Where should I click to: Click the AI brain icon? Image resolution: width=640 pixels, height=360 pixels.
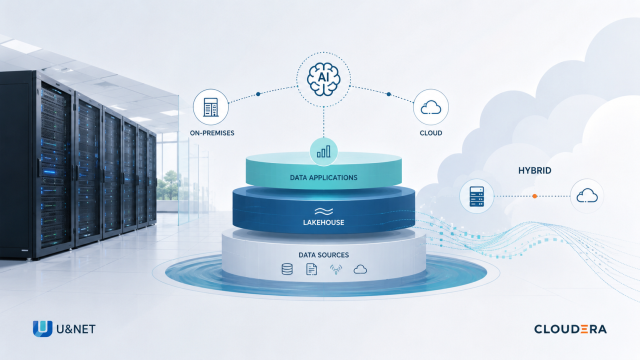coord(323,79)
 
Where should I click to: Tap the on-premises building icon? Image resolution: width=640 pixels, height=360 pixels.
coord(211,107)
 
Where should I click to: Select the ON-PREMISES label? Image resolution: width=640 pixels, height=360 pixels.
coord(212,133)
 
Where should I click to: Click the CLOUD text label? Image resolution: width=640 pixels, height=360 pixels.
coord(431,133)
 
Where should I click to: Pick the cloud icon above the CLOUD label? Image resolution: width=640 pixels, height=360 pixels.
coord(431,107)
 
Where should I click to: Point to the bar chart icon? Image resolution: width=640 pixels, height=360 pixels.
coord(324,152)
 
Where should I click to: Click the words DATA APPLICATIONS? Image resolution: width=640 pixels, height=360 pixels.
coord(324,178)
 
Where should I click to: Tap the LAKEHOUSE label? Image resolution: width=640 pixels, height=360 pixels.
coord(324,222)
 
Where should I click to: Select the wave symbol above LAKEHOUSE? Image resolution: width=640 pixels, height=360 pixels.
coord(324,211)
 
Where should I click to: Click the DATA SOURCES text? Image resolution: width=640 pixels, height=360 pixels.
coord(324,255)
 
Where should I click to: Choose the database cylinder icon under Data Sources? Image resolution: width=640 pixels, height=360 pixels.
coord(287,269)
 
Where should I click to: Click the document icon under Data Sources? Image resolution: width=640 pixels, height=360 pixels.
coord(311,269)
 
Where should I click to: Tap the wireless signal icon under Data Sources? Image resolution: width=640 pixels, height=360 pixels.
coord(336,269)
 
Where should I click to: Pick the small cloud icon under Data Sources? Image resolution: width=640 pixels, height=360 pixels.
coord(360,269)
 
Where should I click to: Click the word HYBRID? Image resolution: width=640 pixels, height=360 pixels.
coord(535,171)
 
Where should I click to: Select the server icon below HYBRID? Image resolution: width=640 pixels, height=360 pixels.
coord(477,196)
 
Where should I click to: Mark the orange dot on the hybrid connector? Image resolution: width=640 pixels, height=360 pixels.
coord(535,196)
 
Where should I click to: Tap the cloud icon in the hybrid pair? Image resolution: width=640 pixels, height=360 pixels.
coord(587,196)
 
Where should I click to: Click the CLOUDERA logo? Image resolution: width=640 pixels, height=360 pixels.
coord(570,329)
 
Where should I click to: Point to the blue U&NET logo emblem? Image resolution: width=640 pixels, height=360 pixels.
coord(42,329)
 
